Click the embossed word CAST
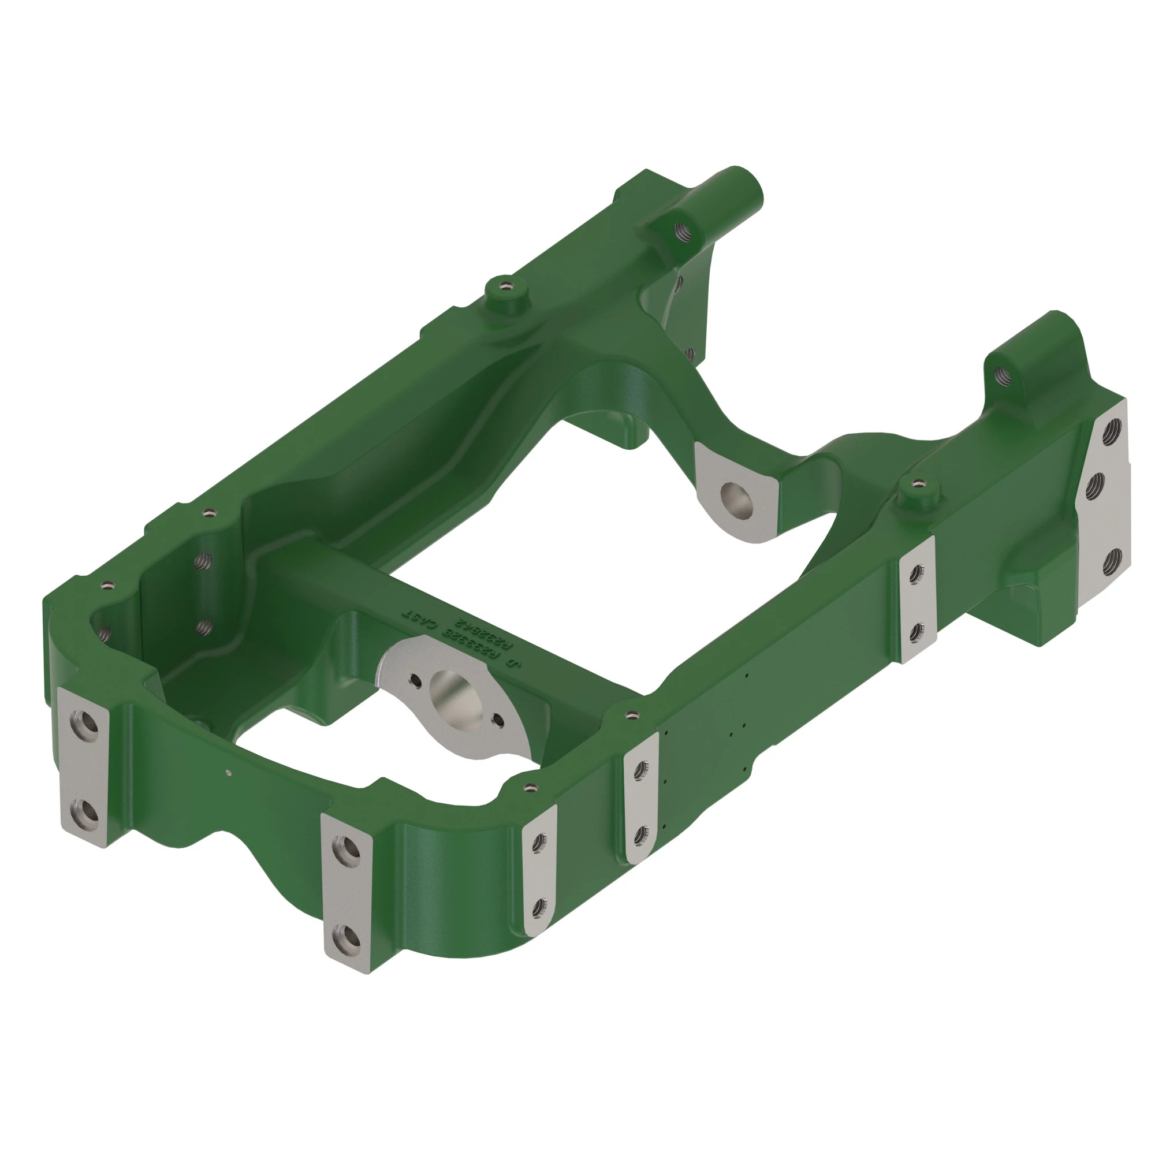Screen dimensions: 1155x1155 pos(422,623)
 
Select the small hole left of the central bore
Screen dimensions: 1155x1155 pos(414,679)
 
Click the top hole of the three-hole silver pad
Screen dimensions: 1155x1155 pos(1113,428)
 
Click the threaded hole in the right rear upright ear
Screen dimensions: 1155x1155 pos(1001,375)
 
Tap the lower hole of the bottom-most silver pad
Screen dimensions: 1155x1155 pos(344,934)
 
